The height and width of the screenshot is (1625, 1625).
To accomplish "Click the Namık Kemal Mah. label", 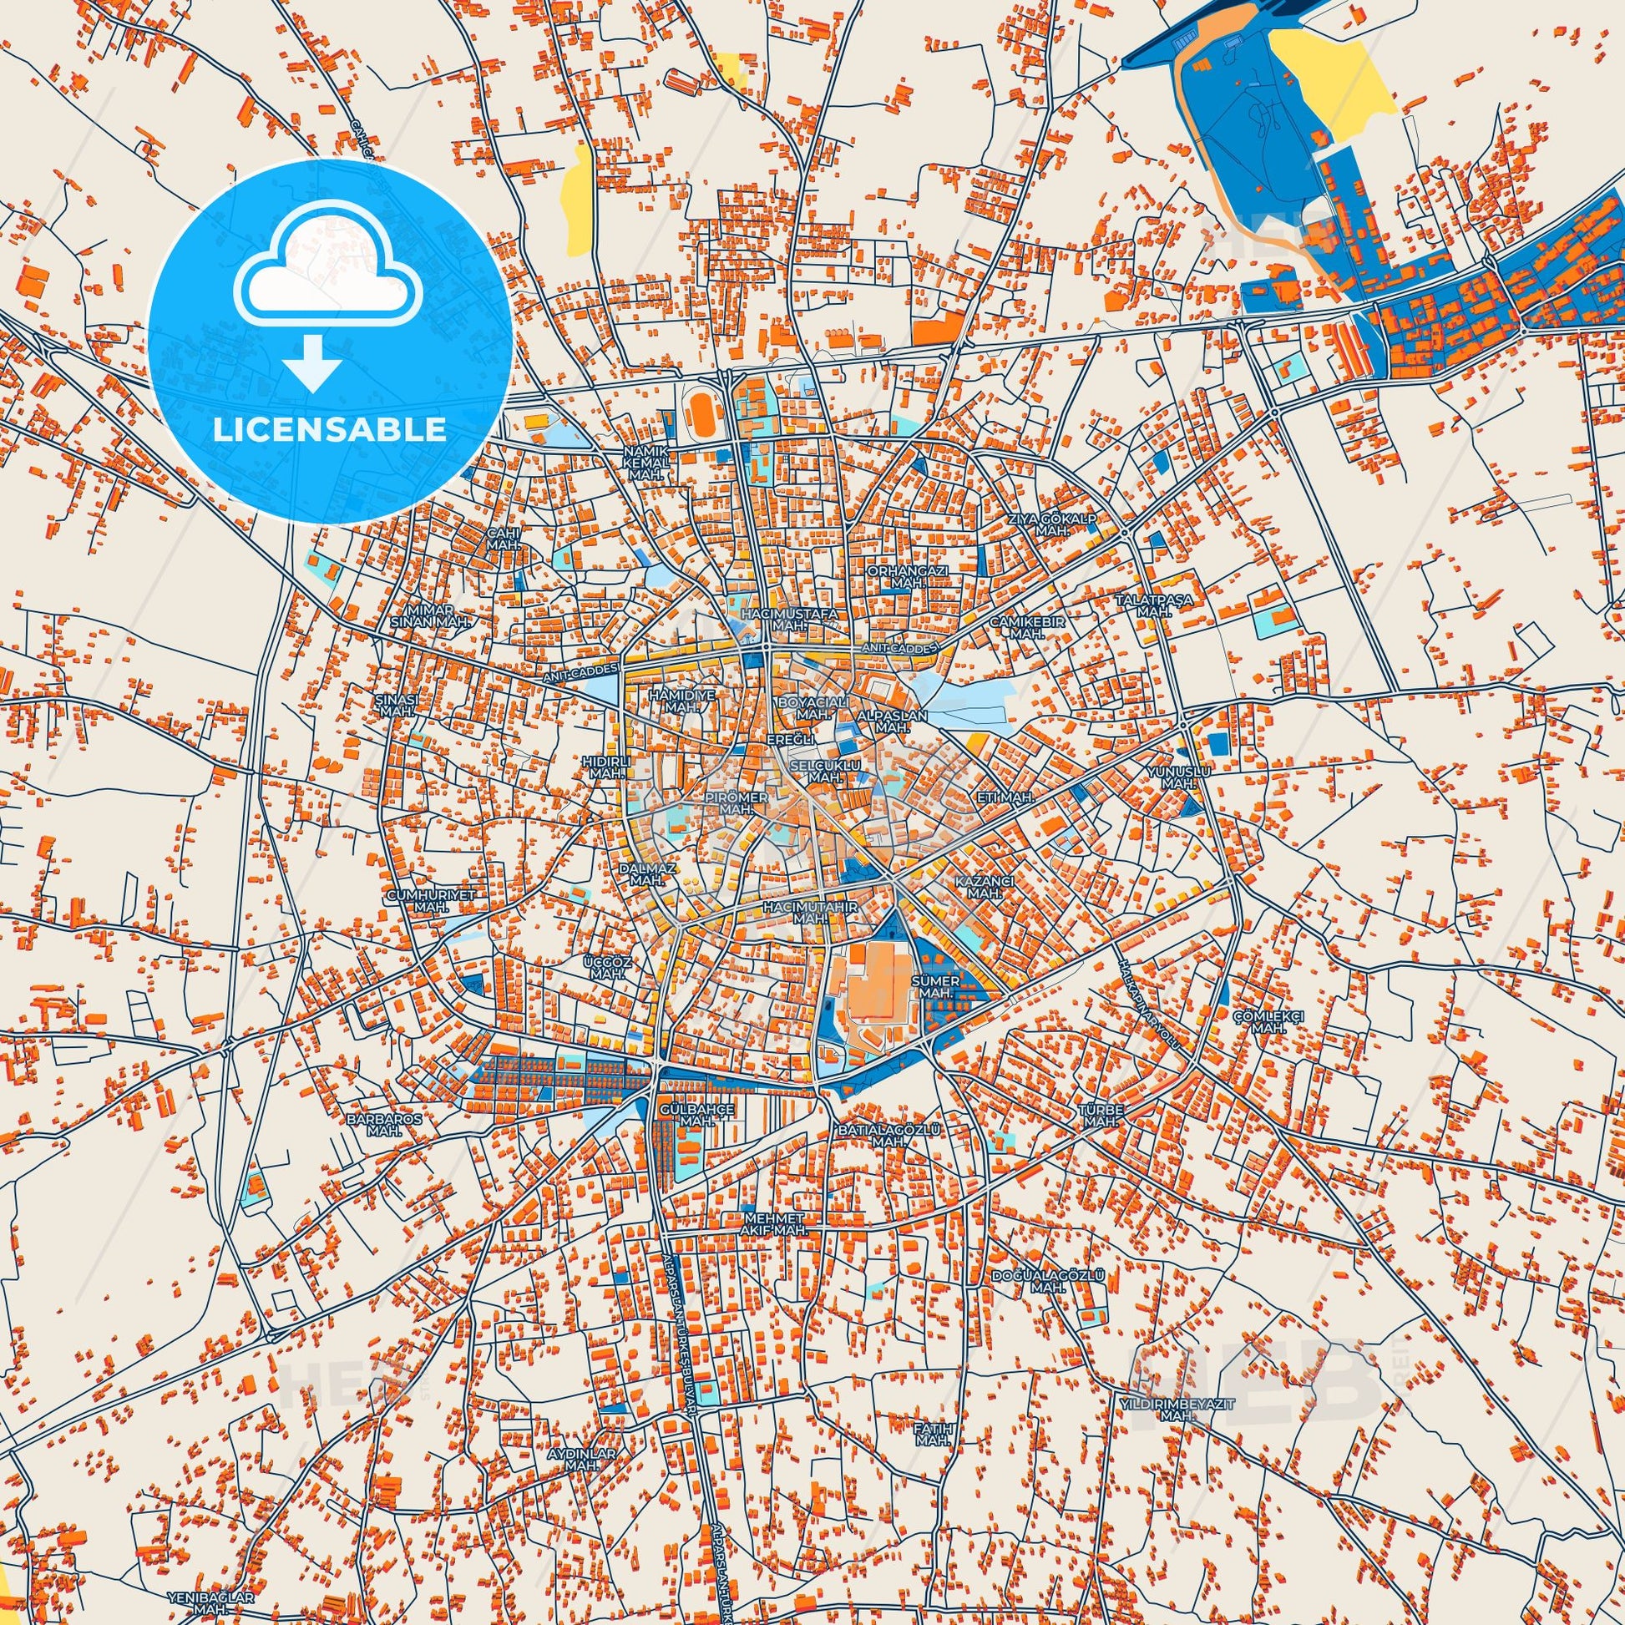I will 646,463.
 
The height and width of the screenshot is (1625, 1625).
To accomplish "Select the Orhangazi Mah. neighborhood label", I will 908,576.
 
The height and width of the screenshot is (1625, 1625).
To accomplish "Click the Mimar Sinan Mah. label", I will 437,615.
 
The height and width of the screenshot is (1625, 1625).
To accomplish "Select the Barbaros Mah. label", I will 384,1126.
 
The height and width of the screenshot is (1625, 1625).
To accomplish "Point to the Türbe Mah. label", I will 1101,1116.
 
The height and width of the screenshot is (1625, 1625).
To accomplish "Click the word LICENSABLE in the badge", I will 330,429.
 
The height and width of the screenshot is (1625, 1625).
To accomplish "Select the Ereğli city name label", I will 791,739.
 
